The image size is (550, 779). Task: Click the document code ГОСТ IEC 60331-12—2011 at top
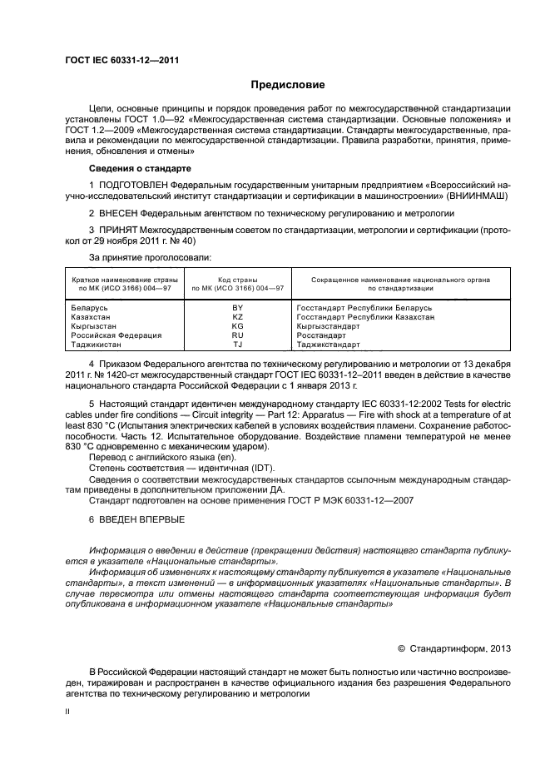click(x=122, y=61)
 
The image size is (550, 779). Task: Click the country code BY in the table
click(x=237, y=307)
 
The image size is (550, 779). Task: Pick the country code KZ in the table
click(x=237, y=316)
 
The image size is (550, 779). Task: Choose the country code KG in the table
click(x=237, y=325)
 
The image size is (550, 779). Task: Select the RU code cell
click(x=237, y=335)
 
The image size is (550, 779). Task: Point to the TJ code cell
click(x=237, y=344)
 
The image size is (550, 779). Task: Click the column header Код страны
click(x=237, y=280)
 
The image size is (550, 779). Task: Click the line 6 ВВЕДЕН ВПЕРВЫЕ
click(x=136, y=519)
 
